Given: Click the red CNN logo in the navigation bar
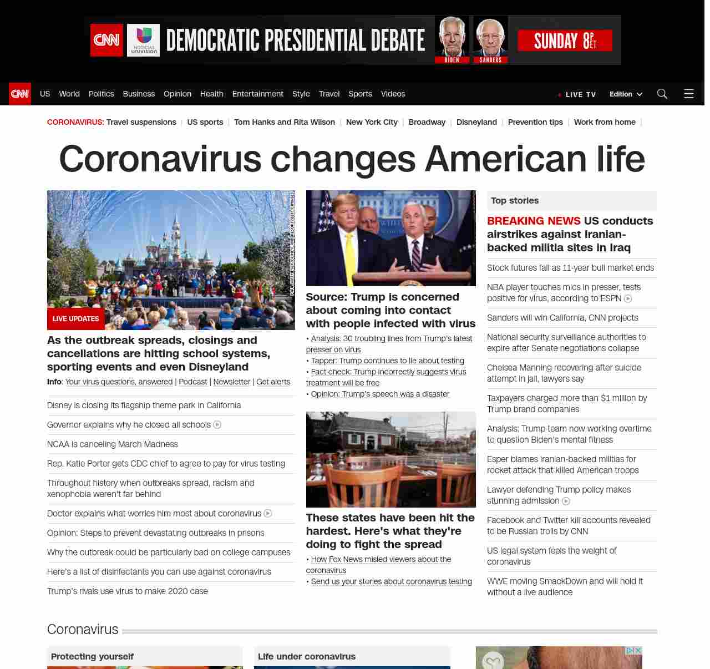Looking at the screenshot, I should pos(20,94).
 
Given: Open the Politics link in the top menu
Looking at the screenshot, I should pos(101,94).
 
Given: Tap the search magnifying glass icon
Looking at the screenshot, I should pos(662,94).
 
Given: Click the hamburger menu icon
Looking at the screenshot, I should pos(689,94).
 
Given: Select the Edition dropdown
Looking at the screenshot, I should pos(625,94).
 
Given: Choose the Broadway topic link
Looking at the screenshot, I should pos(427,122).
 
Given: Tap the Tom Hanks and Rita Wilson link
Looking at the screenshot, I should pos(284,122).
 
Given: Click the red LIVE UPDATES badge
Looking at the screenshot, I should pos(75,319).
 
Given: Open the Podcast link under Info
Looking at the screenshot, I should pos(192,382).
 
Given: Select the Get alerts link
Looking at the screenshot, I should pos(273,382).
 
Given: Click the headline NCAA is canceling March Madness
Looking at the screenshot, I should pos(113,444).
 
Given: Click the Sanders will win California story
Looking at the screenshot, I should pos(562,318).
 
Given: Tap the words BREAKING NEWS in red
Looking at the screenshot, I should pos(534,221).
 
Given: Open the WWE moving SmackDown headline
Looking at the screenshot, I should pos(565,586).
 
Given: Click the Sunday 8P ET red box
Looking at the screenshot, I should pos(565,40).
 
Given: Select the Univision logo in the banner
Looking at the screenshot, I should pos(143,40).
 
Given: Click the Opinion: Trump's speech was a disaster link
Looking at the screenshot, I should pos(380,394).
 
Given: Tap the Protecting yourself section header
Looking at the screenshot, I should pos(92,656).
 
